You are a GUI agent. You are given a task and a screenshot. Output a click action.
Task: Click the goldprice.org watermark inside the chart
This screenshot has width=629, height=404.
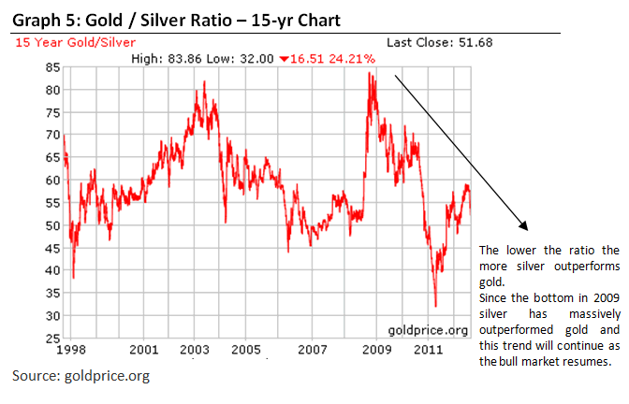click(x=428, y=330)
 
